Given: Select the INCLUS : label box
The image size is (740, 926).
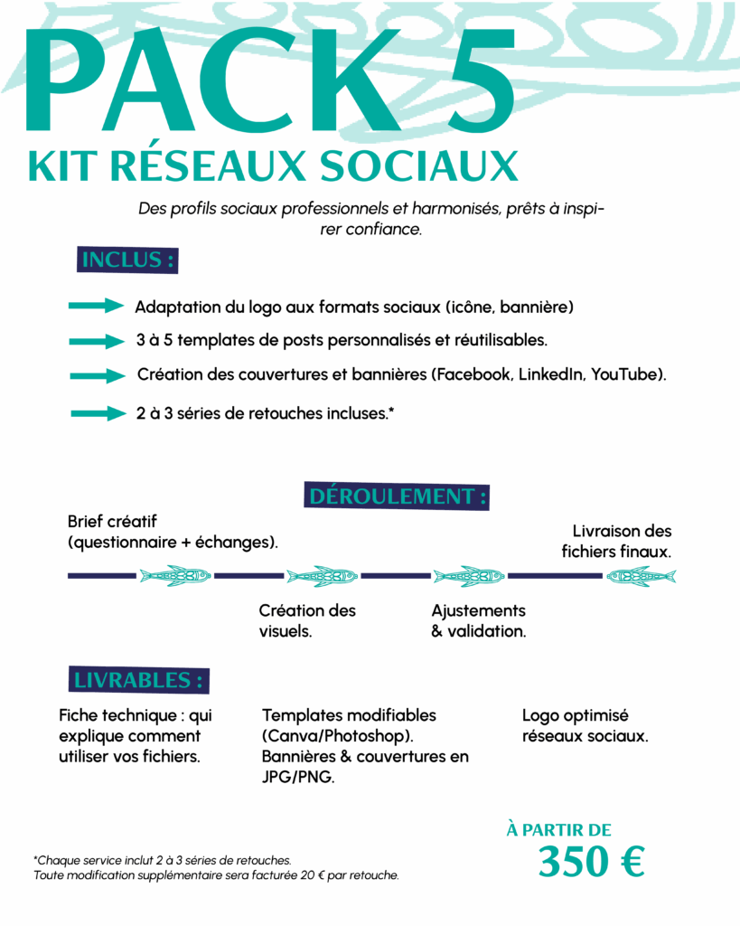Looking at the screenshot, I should tap(127, 260).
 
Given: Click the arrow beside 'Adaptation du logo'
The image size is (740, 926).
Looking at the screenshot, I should tap(95, 307).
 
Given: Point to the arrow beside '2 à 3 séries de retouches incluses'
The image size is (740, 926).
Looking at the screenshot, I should tap(97, 414).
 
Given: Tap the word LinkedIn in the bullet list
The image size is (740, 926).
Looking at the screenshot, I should tap(550, 374).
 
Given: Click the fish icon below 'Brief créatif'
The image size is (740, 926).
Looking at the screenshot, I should tap(175, 575).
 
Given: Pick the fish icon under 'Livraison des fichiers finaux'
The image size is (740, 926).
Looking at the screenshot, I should tap(641, 575).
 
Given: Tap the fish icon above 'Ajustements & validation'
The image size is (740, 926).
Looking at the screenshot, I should tap(468, 575).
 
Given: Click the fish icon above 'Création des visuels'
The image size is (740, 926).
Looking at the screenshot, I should tap(322, 575).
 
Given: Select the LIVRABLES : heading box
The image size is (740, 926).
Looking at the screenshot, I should tap(138, 680).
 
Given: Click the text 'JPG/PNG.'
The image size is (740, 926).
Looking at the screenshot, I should tap(298, 777).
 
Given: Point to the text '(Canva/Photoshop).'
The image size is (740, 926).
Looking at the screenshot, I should tap(338, 736).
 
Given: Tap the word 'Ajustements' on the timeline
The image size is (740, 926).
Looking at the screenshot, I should tap(478, 610).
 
